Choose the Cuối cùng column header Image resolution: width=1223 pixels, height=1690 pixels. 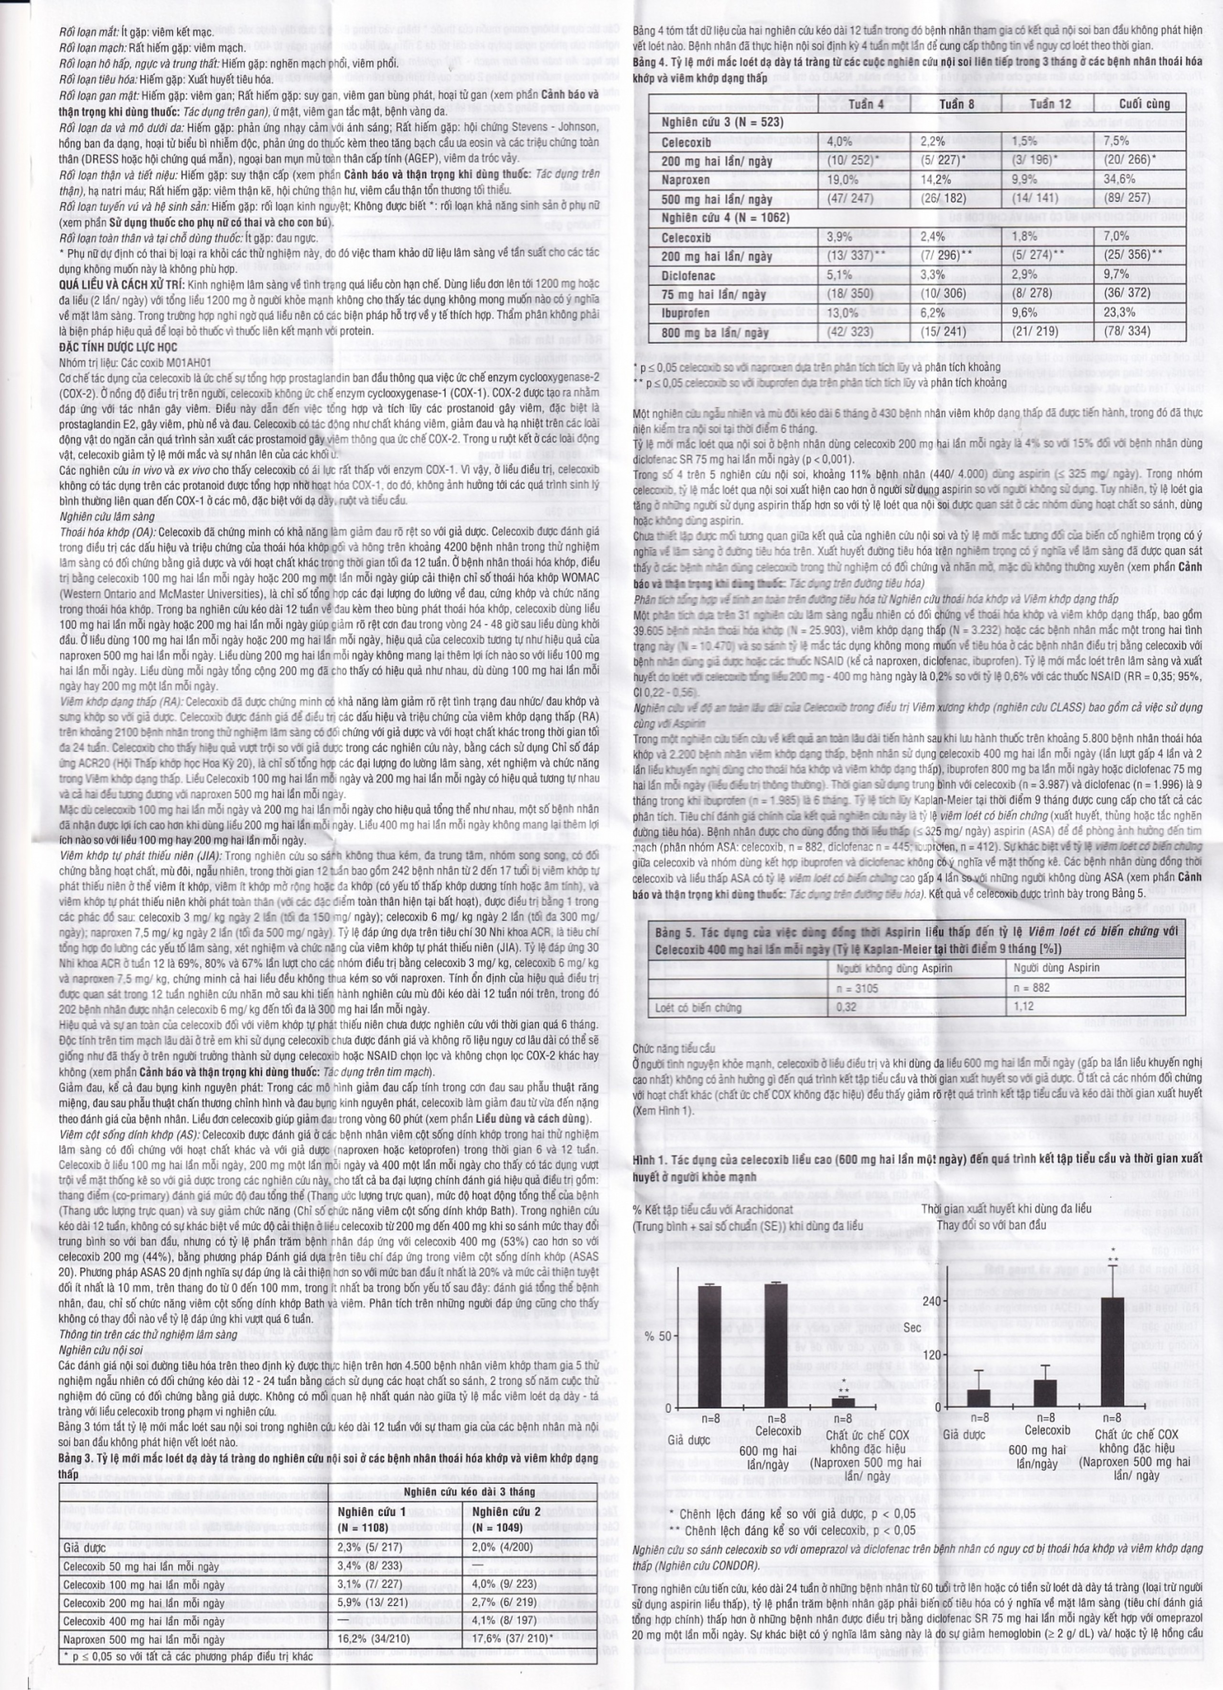(x=1144, y=104)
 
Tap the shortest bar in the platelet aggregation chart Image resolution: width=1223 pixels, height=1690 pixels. (x=842, y=1401)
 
